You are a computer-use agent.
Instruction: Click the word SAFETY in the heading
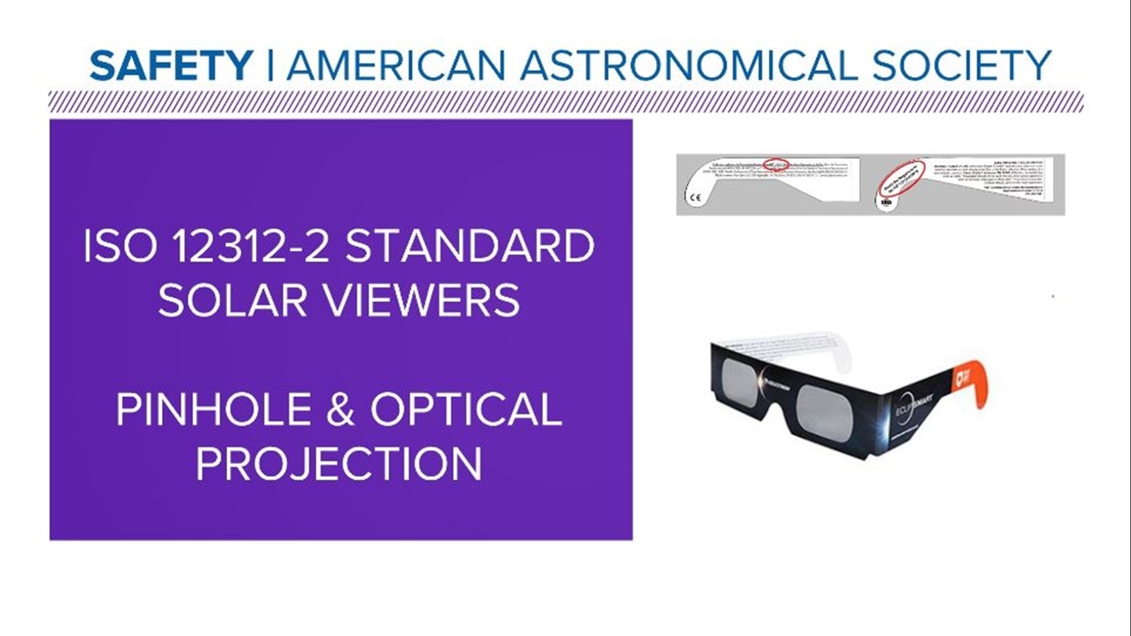click(x=171, y=65)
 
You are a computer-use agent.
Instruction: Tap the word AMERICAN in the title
click(x=396, y=65)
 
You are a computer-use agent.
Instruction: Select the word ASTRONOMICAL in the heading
click(x=688, y=65)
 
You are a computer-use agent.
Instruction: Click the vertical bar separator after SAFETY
click(x=270, y=65)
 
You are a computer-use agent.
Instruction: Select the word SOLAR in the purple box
click(x=233, y=300)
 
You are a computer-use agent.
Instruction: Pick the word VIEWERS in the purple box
click(x=422, y=300)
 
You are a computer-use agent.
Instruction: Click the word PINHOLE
click(x=213, y=409)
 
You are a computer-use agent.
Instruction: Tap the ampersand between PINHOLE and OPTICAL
click(x=340, y=409)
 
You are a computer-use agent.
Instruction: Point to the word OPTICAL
click(x=466, y=409)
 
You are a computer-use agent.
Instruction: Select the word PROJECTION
click(x=339, y=463)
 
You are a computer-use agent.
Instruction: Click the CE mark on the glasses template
click(x=696, y=197)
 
